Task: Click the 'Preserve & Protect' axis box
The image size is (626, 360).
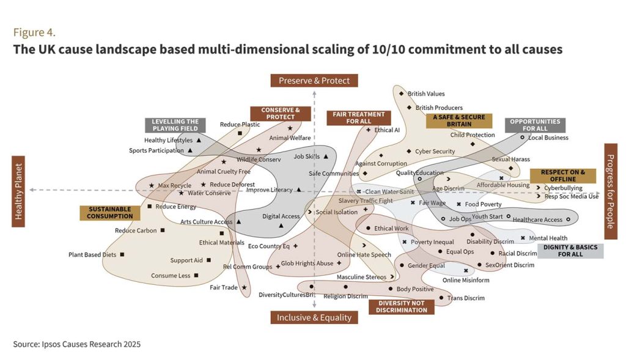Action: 314,81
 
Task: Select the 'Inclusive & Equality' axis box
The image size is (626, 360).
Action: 314,317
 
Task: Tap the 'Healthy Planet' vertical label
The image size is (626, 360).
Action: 18,190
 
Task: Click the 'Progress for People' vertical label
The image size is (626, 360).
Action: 610,191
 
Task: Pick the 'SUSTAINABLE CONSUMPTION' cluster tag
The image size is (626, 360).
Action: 110,213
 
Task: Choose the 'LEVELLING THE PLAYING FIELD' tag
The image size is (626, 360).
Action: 175,125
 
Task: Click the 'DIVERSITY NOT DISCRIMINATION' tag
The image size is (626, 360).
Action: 402,306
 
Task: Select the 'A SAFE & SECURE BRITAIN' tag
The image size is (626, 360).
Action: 458,120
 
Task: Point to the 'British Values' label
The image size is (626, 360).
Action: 426,94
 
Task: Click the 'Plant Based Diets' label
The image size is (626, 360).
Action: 93,254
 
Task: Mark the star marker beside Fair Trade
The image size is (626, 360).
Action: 244,287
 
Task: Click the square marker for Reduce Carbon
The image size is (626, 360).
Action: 163,230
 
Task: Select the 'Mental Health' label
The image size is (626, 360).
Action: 548,238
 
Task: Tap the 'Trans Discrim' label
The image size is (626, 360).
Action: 466,298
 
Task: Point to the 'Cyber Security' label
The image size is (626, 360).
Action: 435,151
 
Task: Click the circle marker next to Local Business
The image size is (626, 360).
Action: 522,138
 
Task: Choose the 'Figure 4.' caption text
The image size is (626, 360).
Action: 34,32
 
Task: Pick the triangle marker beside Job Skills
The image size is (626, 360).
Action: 326,156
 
